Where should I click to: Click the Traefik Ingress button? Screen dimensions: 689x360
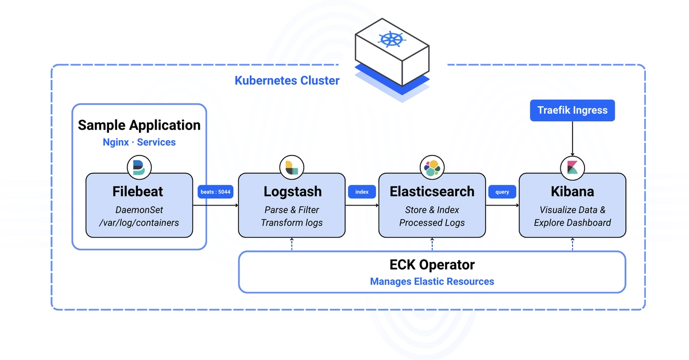572,110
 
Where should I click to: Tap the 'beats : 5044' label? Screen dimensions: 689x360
215,192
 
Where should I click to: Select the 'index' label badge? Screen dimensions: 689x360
362,192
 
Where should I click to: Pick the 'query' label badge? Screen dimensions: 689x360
502,192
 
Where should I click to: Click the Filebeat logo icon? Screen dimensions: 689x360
139,168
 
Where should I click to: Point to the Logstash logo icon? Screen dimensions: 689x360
292,168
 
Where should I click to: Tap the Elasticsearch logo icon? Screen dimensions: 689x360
432,168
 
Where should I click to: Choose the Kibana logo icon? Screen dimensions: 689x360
572,168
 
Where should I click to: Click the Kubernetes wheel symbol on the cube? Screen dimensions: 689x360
392,40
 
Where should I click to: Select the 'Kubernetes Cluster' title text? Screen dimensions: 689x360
287,80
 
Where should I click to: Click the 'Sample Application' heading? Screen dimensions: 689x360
139,125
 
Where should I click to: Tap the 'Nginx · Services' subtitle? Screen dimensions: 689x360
139,142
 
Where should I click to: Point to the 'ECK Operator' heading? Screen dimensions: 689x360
432,265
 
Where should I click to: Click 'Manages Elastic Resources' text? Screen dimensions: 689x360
432,281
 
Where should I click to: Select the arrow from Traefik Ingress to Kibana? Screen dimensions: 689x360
572,138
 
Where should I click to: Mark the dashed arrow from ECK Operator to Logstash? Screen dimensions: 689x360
292,244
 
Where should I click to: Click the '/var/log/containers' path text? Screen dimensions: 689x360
139,223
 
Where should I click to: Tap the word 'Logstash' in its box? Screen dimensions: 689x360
292,191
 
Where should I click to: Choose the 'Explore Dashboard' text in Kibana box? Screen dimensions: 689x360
572,222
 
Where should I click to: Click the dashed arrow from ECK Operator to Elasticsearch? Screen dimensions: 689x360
432,244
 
